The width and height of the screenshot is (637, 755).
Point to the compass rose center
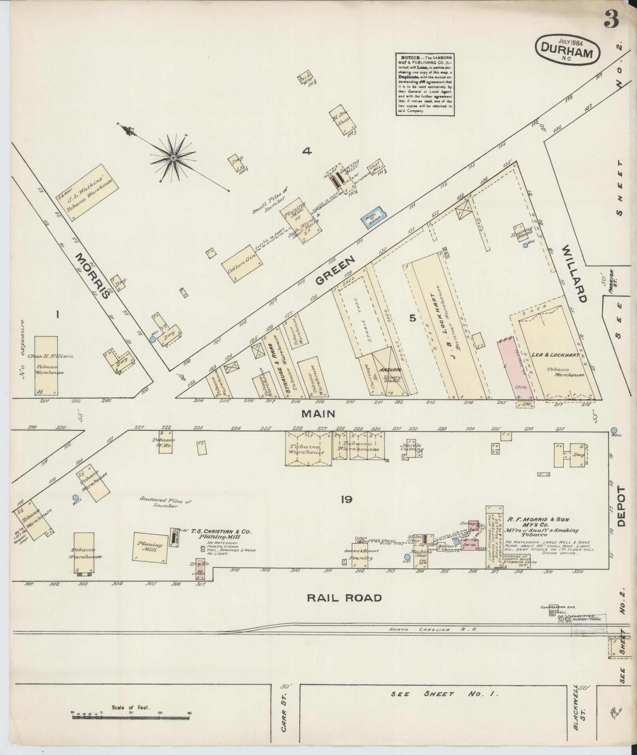[173, 158]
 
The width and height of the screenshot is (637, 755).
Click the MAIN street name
[318, 414]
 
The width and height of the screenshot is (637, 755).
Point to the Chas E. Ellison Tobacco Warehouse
[46, 365]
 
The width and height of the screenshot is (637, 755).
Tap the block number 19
[347, 500]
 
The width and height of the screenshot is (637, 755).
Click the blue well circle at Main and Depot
[614, 430]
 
